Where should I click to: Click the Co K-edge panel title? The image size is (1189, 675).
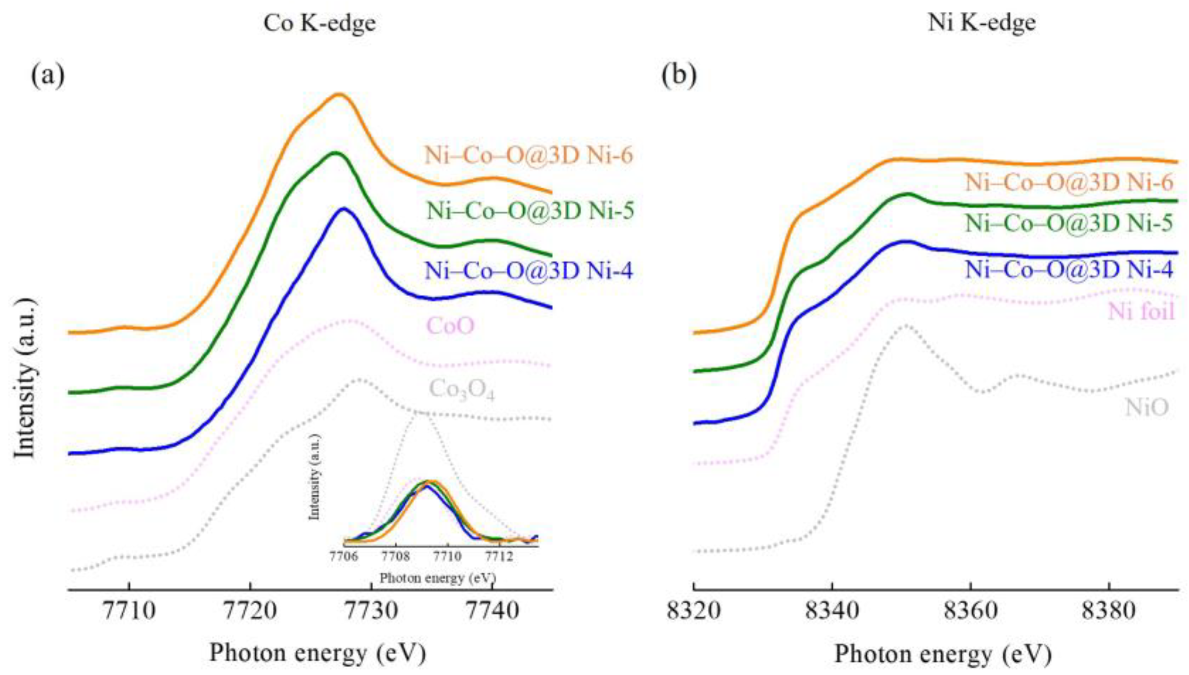coord(319,23)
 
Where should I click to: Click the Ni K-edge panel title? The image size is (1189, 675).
coord(982,23)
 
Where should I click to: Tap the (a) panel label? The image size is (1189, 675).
coord(48,75)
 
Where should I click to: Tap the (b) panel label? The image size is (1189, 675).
coord(678,75)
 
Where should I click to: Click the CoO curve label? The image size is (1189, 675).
coord(450,325)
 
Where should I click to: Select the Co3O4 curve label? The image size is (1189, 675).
coord(461,391)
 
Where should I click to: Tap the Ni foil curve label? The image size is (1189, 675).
coord(1140,311)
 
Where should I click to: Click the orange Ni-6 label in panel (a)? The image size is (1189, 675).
coord(529,155)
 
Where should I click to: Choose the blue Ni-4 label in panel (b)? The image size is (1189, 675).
coord(1069,270)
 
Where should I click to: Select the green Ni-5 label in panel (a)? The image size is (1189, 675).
coord(530,211)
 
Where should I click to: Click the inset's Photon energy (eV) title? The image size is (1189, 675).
coord(438,578)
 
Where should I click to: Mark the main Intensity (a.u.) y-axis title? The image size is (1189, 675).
coord(25,377)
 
